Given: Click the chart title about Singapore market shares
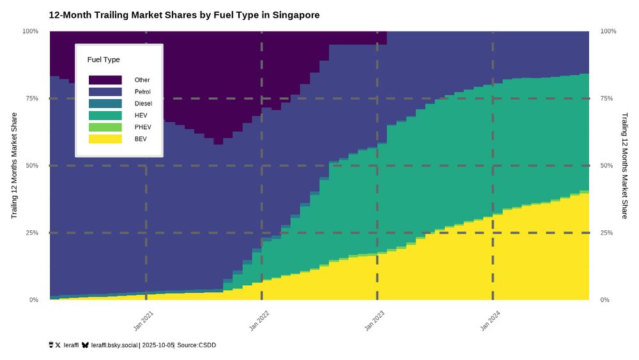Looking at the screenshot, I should tap(184, 14).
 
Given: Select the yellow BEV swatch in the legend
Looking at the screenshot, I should tap(105, 139).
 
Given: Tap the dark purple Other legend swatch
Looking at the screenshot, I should tap(105, 80).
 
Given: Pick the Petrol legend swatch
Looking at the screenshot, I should tap(105, 92).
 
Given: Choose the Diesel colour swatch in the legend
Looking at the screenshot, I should tap(105, 104).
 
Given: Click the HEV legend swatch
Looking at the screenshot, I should tap(105, 115).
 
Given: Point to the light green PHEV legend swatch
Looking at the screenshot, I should tap(105, 127).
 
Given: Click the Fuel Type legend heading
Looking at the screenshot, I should tap(104, 59).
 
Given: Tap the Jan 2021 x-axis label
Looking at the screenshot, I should tap(144, 320).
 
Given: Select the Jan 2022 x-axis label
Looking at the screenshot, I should tap(260, 320).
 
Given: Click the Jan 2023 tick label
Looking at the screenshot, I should tap(375, 320).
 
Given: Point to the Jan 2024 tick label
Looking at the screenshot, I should tap(491, 320).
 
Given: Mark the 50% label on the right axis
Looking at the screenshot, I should tap(608, 166).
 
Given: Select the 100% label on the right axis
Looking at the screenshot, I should tap(609, 31).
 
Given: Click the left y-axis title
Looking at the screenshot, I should tap(13, 166).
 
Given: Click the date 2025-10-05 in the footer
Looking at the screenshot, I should tap(158, 345).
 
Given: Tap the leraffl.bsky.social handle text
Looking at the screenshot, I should tap(114, 345).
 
